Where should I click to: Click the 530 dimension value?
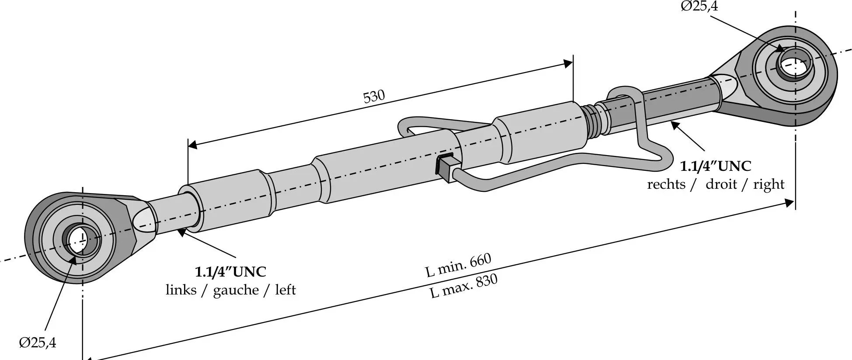coord(374,96)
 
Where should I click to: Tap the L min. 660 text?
coord(459,265)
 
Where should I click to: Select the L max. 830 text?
coord(464,286)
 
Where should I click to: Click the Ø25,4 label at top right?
coord(699,6)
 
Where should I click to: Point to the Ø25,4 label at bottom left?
coord(38,343)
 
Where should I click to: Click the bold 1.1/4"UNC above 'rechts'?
coord(716,166)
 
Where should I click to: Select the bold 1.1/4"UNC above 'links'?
coord(230,272)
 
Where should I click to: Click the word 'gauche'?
coord(236,291)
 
